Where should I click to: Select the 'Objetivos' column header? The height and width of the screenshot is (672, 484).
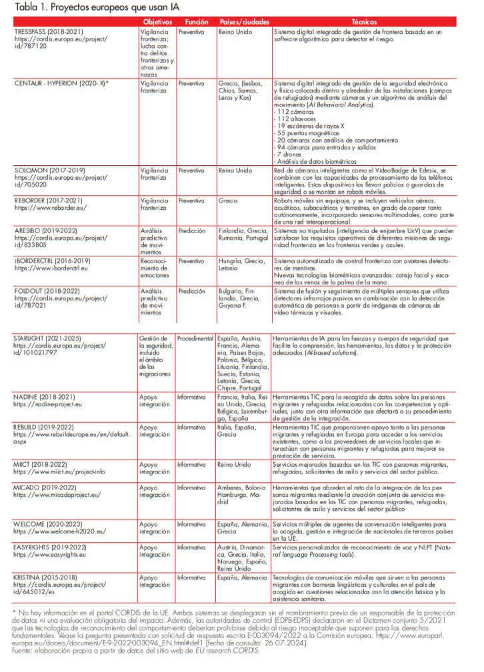(x=157, y=22)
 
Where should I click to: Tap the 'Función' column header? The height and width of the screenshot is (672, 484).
(x=197, y=22)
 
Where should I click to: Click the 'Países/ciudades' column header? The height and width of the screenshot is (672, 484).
(x=243, y=22)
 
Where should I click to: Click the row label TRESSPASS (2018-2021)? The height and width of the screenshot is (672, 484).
(x=49, y=31)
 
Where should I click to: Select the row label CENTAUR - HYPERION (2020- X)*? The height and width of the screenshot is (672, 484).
(x=61, y=83)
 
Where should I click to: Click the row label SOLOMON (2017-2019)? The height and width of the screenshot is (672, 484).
(x=49, y=170)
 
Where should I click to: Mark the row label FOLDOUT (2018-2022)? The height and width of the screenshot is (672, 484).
(x=49, y=291)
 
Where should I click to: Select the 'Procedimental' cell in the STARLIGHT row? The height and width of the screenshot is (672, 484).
(x=195, y=339)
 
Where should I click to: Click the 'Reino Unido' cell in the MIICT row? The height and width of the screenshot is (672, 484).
(x=234, y=464)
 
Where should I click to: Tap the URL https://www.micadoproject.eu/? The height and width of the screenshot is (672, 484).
(x=57, y=495)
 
